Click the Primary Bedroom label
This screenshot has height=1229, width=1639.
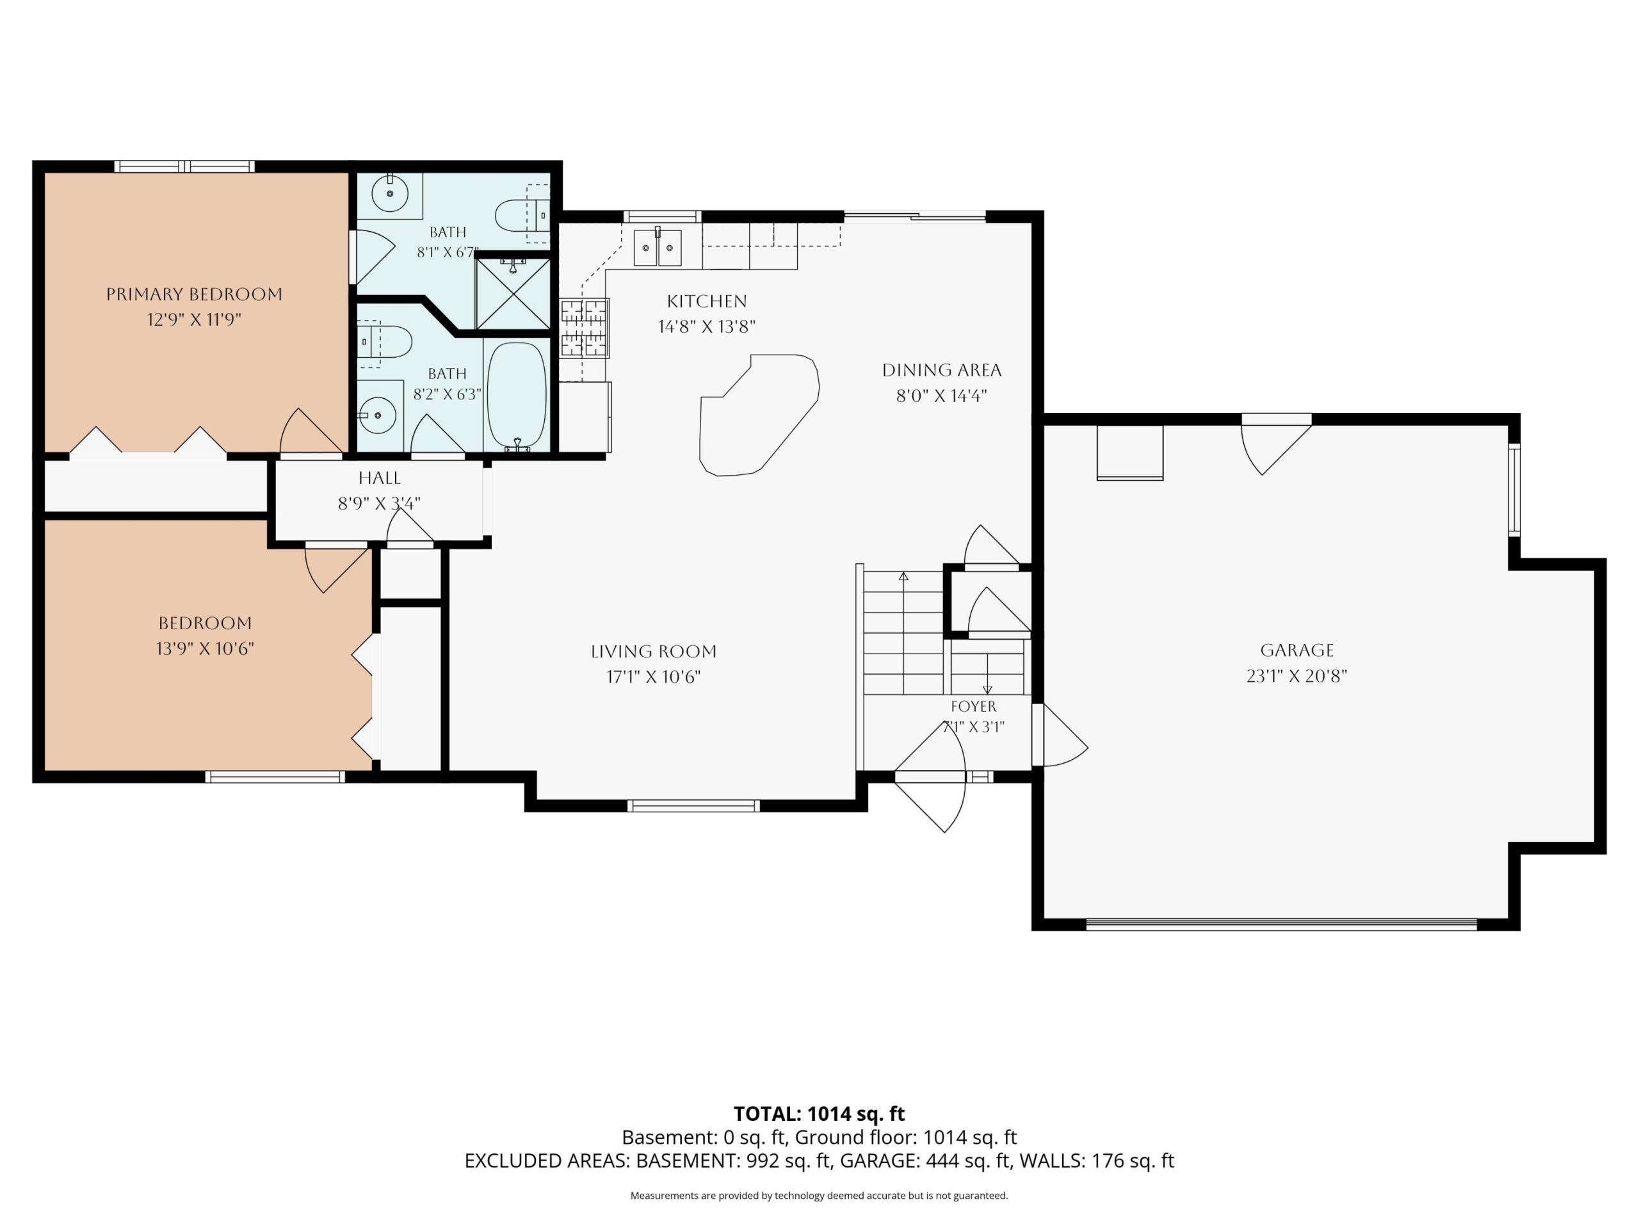194,294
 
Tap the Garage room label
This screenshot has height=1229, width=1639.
1296,650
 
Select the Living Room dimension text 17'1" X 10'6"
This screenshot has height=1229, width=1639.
654,677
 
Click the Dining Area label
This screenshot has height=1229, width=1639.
942,370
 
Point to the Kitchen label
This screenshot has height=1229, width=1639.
707,301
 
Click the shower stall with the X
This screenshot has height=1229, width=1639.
513,293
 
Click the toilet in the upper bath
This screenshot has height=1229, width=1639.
522,215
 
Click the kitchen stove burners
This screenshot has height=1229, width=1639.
585,328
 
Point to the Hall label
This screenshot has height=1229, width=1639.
380,478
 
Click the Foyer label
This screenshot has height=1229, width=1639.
974,706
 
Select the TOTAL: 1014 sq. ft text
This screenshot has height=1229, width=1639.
819,1113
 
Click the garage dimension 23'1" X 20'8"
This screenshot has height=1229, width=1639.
1296,675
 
